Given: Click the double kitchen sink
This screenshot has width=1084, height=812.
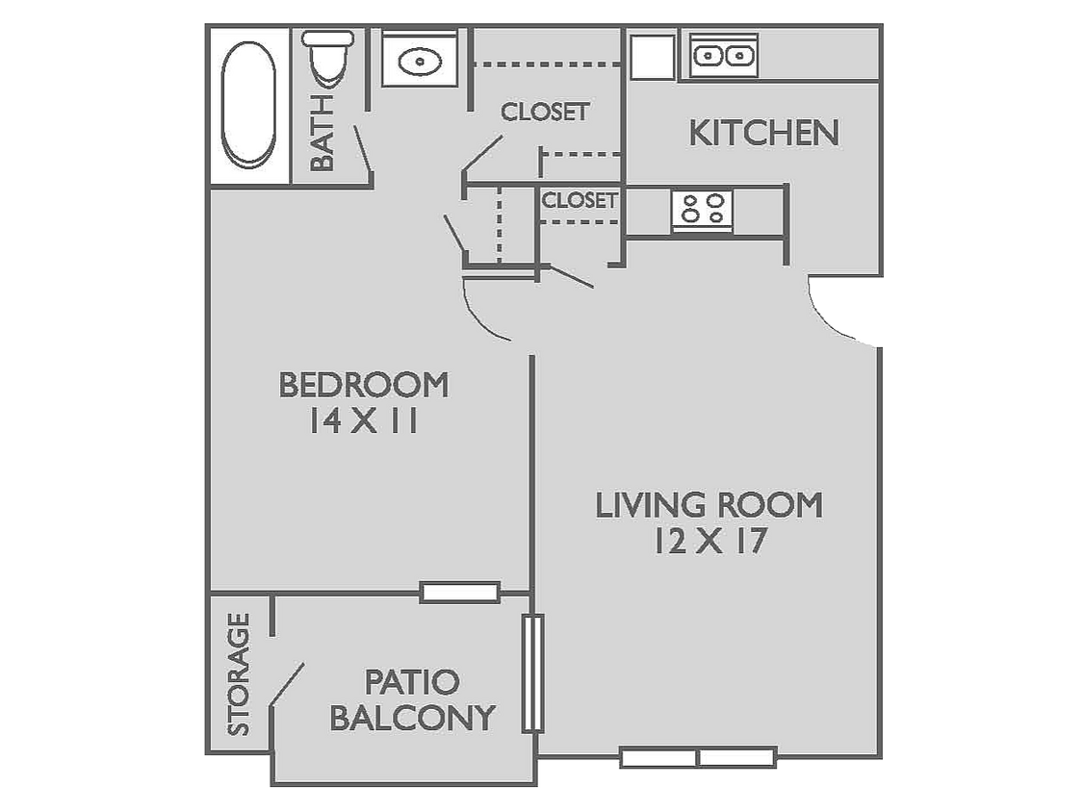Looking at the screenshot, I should point(724,56).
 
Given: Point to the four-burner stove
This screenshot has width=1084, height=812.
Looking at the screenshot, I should point(702,209).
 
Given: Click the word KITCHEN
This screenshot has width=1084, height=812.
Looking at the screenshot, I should point(763,134).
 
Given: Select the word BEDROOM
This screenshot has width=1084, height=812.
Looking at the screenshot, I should point(364,385).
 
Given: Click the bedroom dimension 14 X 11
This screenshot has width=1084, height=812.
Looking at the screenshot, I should point(363,421).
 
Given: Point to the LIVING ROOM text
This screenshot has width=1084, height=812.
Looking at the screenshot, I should point(709,505).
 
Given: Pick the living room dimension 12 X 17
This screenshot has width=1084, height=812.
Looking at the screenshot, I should point(710,542).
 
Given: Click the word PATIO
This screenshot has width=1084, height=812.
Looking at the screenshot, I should point(412,682).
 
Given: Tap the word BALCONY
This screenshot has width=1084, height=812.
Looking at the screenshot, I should point(412,718).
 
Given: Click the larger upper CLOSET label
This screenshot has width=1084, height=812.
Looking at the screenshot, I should point(544,112).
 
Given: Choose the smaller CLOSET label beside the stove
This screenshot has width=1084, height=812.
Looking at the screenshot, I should point(579,200).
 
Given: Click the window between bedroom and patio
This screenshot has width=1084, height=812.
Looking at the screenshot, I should point(460,593).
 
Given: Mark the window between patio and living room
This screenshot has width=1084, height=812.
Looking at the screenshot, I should point(533,672).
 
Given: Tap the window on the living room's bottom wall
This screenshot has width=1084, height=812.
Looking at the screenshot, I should point(698,758).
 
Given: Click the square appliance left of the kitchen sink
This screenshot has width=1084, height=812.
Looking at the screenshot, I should point(652,57).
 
